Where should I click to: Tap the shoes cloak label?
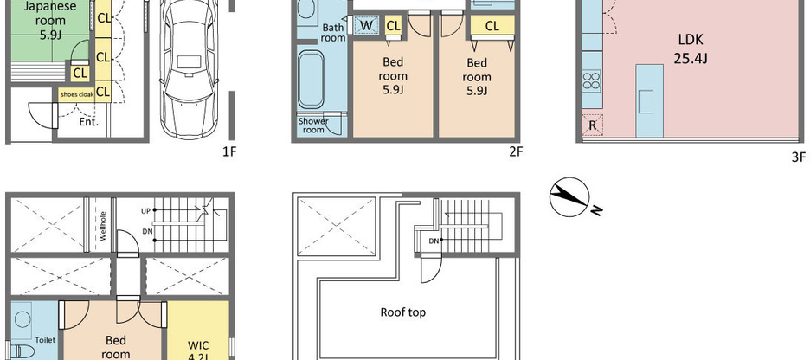click(77, 93)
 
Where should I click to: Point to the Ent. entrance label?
click(89, 122)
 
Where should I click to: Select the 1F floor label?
click(229, 151)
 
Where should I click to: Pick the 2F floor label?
click(516, 151)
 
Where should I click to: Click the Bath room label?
click(333, 33)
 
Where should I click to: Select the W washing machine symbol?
click(366, 26)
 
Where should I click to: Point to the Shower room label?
click(313, 125)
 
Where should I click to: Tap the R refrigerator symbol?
click(592, 124)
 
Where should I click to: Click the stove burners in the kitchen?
click(592, 82)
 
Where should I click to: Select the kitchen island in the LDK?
click(650, 100)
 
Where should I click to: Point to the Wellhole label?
click(102, 226)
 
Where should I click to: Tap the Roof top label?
click(402, 312)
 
